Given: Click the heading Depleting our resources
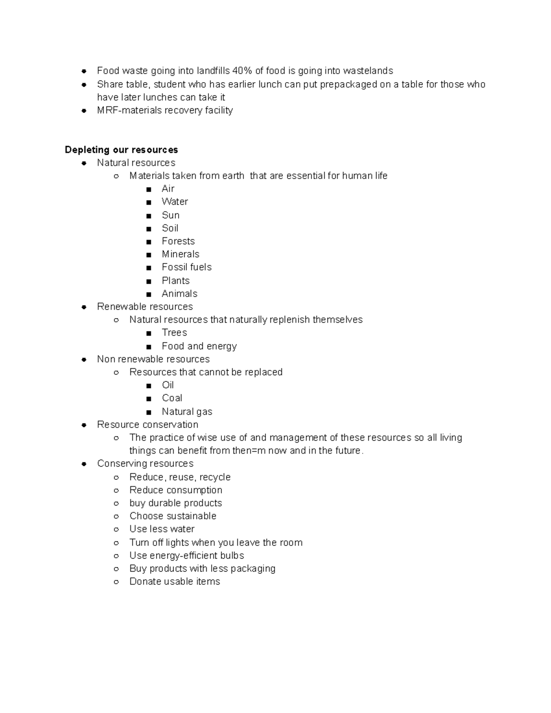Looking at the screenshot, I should [x=121, y=150].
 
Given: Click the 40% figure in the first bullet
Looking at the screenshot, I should [x=242, y=71].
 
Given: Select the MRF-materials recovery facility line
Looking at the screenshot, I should [x=165, y=110].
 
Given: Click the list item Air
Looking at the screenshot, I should [x=168, y=189].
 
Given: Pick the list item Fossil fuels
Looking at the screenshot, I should [x=186, y=267].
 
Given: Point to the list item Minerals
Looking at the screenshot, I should [x=180, y=254].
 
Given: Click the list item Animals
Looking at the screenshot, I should [x=180, y=294].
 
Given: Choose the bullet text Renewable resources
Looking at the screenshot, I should [x=145, y=307].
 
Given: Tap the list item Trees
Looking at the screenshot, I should [x=174, y=333].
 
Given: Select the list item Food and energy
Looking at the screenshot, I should [x=199, y=346].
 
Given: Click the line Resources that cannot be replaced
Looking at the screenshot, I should [x=206, y=372].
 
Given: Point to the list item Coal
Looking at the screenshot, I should [x=172, y=398].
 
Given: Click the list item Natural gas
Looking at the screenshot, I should [x=187, y=412].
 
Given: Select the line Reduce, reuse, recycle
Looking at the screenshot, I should [x=180, y=477].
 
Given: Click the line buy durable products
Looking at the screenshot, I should [x=175, y=503].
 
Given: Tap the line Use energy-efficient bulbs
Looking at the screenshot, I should [x=186, y=556].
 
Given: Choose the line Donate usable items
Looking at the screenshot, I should [x=174, y=582].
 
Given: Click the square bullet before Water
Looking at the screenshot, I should [x=148, y=202].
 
